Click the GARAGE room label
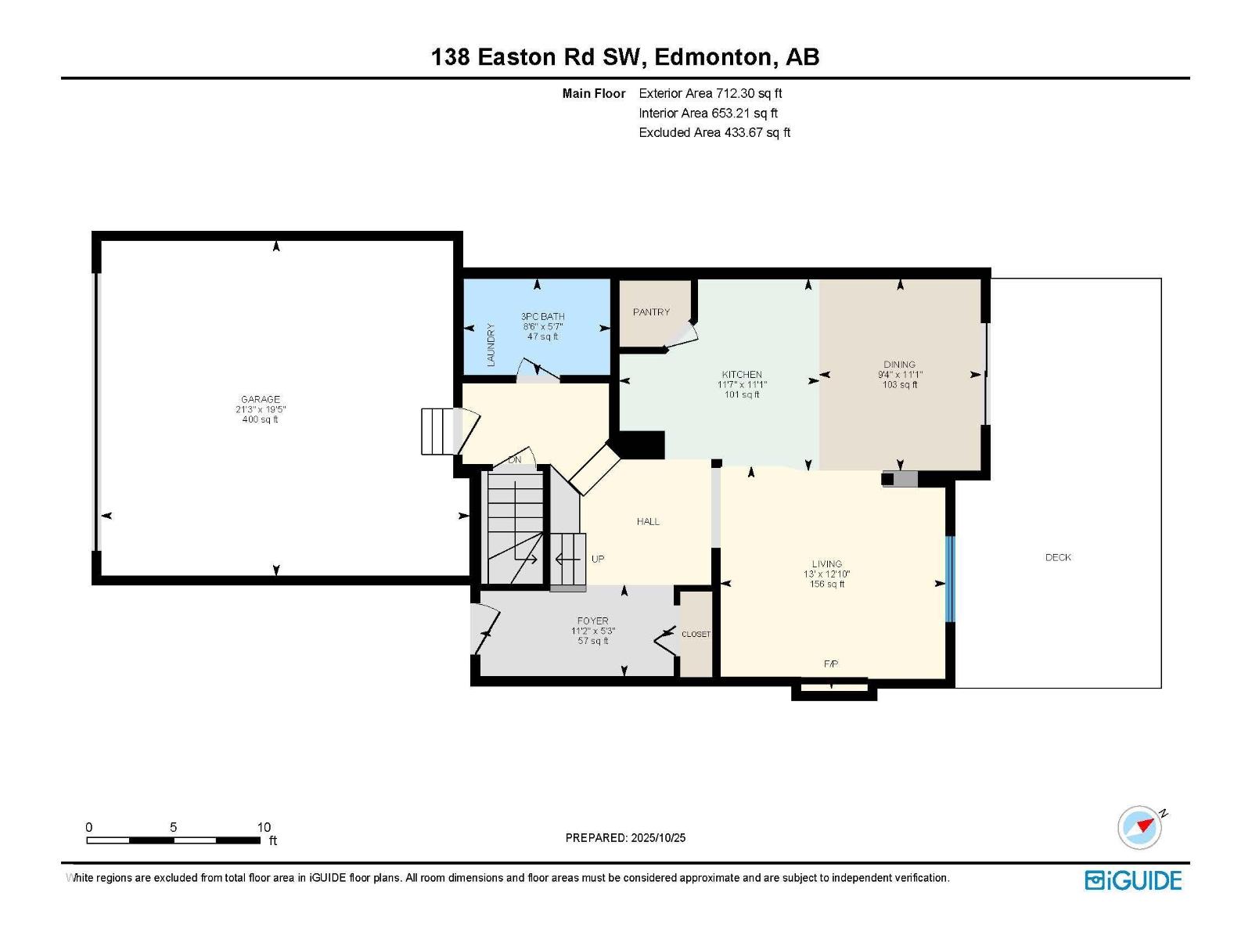click(260, 399)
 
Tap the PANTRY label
click(651, 312)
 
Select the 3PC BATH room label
click(542, 317)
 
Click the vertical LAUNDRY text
click(491, 345)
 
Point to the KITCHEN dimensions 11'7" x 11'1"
click(742, 385)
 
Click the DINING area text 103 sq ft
click(900, 384)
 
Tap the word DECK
click(1058, 557)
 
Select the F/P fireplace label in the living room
click(831, 664)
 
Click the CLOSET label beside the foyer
click(696, 634)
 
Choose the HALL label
click(648, 521)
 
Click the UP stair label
click(598, 559)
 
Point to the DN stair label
click(514, 460)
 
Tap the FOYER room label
click(592, 621)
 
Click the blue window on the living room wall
click(950, 579)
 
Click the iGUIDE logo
click(1133, 880)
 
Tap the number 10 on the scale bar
click(264, 827)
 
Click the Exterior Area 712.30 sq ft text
click(710, 93)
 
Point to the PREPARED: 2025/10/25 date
click(625, 837)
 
